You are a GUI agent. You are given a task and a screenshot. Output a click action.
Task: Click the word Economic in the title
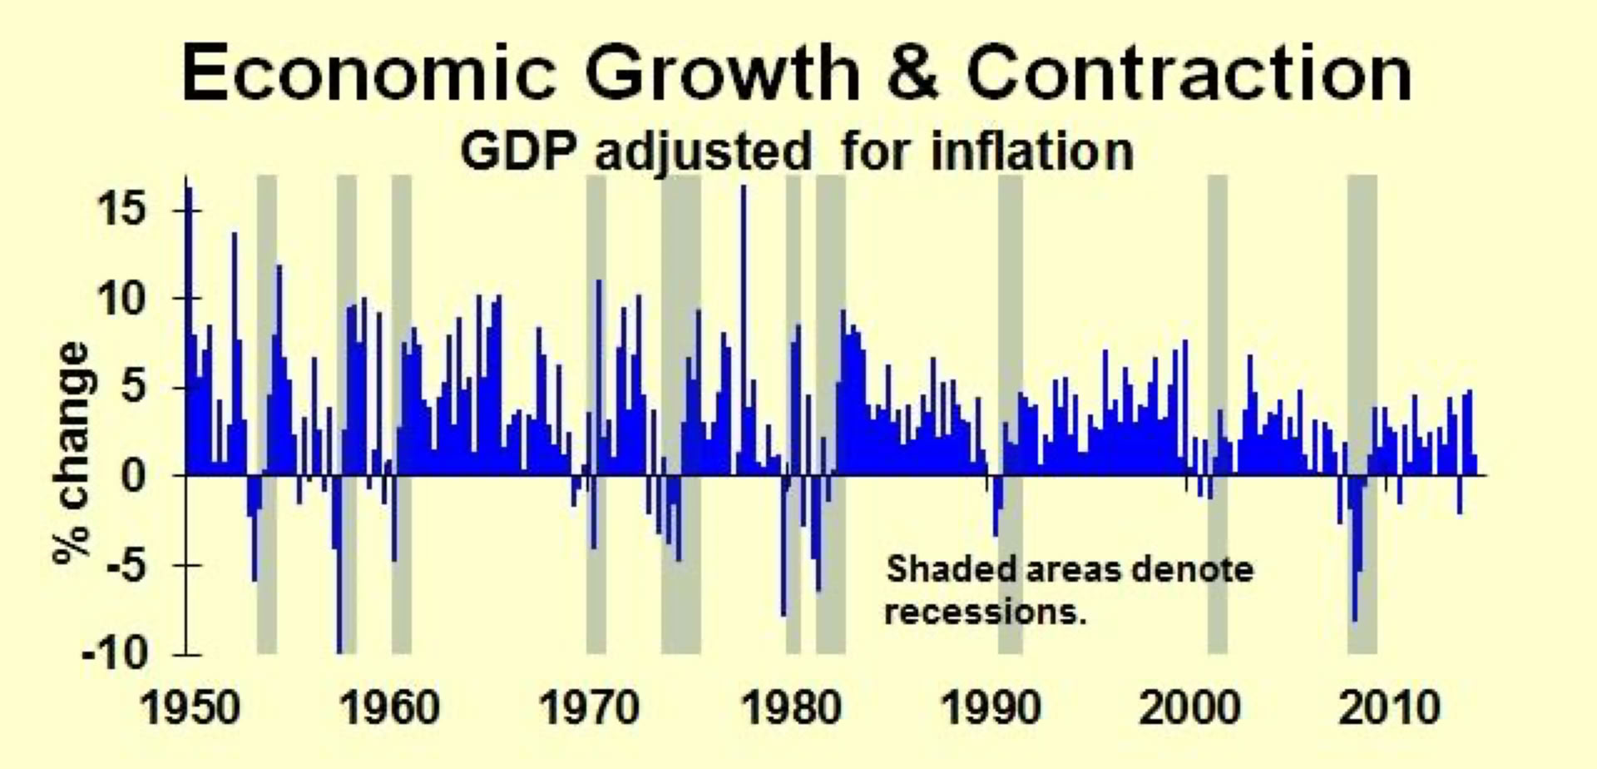(x=368, y=73)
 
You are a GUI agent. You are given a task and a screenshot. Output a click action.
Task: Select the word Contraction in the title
(x=1189, y=73)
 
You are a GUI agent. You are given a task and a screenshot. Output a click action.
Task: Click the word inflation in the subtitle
(x=1031, y=151)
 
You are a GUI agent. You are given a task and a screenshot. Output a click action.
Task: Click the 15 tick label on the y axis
(x=122, y=208)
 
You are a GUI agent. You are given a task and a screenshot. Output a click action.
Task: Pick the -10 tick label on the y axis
(x=115, y=654)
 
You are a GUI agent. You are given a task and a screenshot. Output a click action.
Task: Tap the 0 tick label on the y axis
(x=136, y=475)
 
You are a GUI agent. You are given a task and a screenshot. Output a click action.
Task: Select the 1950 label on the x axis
(x=189, y=707)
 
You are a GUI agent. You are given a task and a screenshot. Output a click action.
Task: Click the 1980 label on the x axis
(x=790, y=707)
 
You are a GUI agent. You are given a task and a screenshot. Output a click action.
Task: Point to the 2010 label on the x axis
(x=1389, y=707)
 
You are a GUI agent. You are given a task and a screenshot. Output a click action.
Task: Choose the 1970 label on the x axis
(x=589, y=707)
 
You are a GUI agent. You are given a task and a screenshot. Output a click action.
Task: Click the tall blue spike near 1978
(x=744, y=333)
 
